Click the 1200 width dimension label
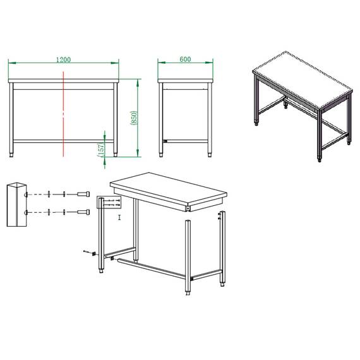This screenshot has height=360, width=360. click(x=63, y=59)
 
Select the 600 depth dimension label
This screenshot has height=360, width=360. click(x=185, y=59)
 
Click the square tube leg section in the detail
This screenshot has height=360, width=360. click(x=15, y=204)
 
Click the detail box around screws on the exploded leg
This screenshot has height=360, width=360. click(x=109, y=203)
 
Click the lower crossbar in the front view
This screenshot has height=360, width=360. click(x=63, y=140)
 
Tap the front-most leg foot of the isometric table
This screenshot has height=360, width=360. click(x=318, y=160)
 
